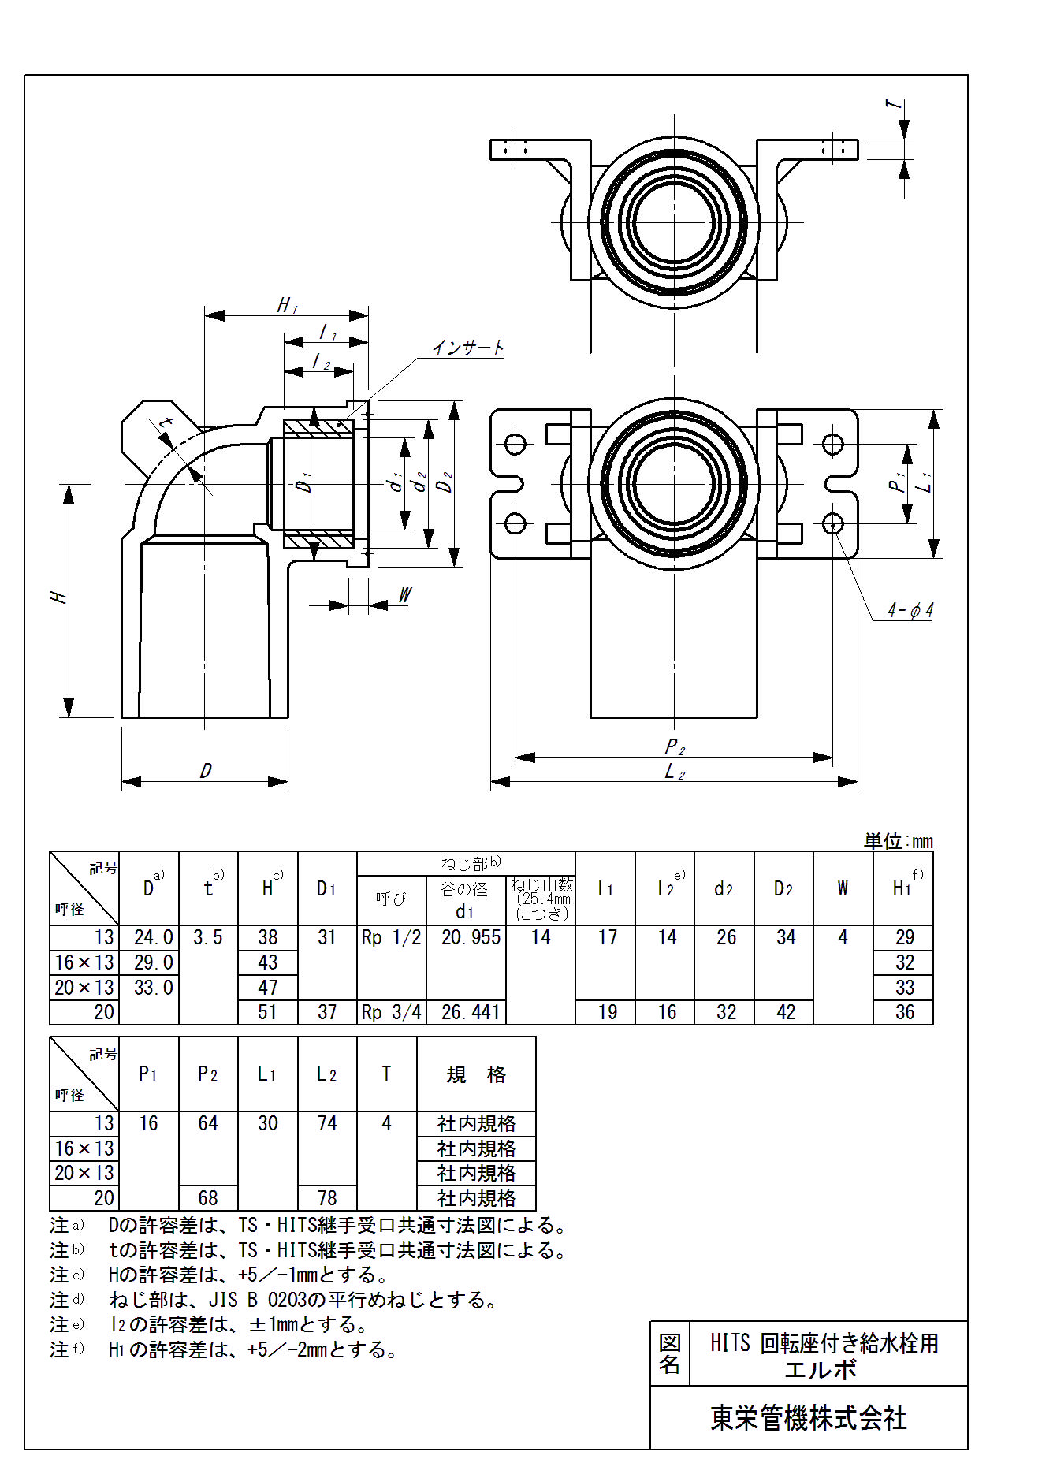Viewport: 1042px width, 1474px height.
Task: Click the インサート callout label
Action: point(467,348)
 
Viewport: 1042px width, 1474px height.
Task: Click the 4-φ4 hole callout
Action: point(910,610)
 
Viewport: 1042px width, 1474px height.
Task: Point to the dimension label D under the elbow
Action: point(206,770)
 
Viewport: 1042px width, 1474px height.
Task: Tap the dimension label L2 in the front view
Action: point(675,772)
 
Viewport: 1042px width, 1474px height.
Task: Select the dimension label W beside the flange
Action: point(404,595)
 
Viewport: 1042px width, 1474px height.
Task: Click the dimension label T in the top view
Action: point(892,104)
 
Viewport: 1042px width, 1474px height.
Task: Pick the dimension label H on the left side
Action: point(59,597)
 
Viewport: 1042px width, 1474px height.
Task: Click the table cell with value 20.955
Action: point(471,937)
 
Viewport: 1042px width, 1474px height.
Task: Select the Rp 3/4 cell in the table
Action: point(391,1012)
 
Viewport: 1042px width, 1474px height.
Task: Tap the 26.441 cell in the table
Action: point(471,1012)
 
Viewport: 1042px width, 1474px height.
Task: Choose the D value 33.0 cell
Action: point(153,988)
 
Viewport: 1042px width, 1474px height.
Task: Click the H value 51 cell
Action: point(268,1012)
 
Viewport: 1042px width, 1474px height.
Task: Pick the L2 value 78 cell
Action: point(327,1198)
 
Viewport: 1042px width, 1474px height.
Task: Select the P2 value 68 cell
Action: point(208,1198)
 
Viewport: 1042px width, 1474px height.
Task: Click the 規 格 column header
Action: point(476,1074)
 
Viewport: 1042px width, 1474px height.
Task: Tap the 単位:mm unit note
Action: point(899,841)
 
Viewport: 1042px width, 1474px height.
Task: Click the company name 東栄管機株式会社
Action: point(809,1418)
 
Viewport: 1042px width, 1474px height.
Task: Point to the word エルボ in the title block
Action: point(821,1370)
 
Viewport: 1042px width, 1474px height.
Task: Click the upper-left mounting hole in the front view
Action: point(515,445)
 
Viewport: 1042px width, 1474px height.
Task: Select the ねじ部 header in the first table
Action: point(471,863)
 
